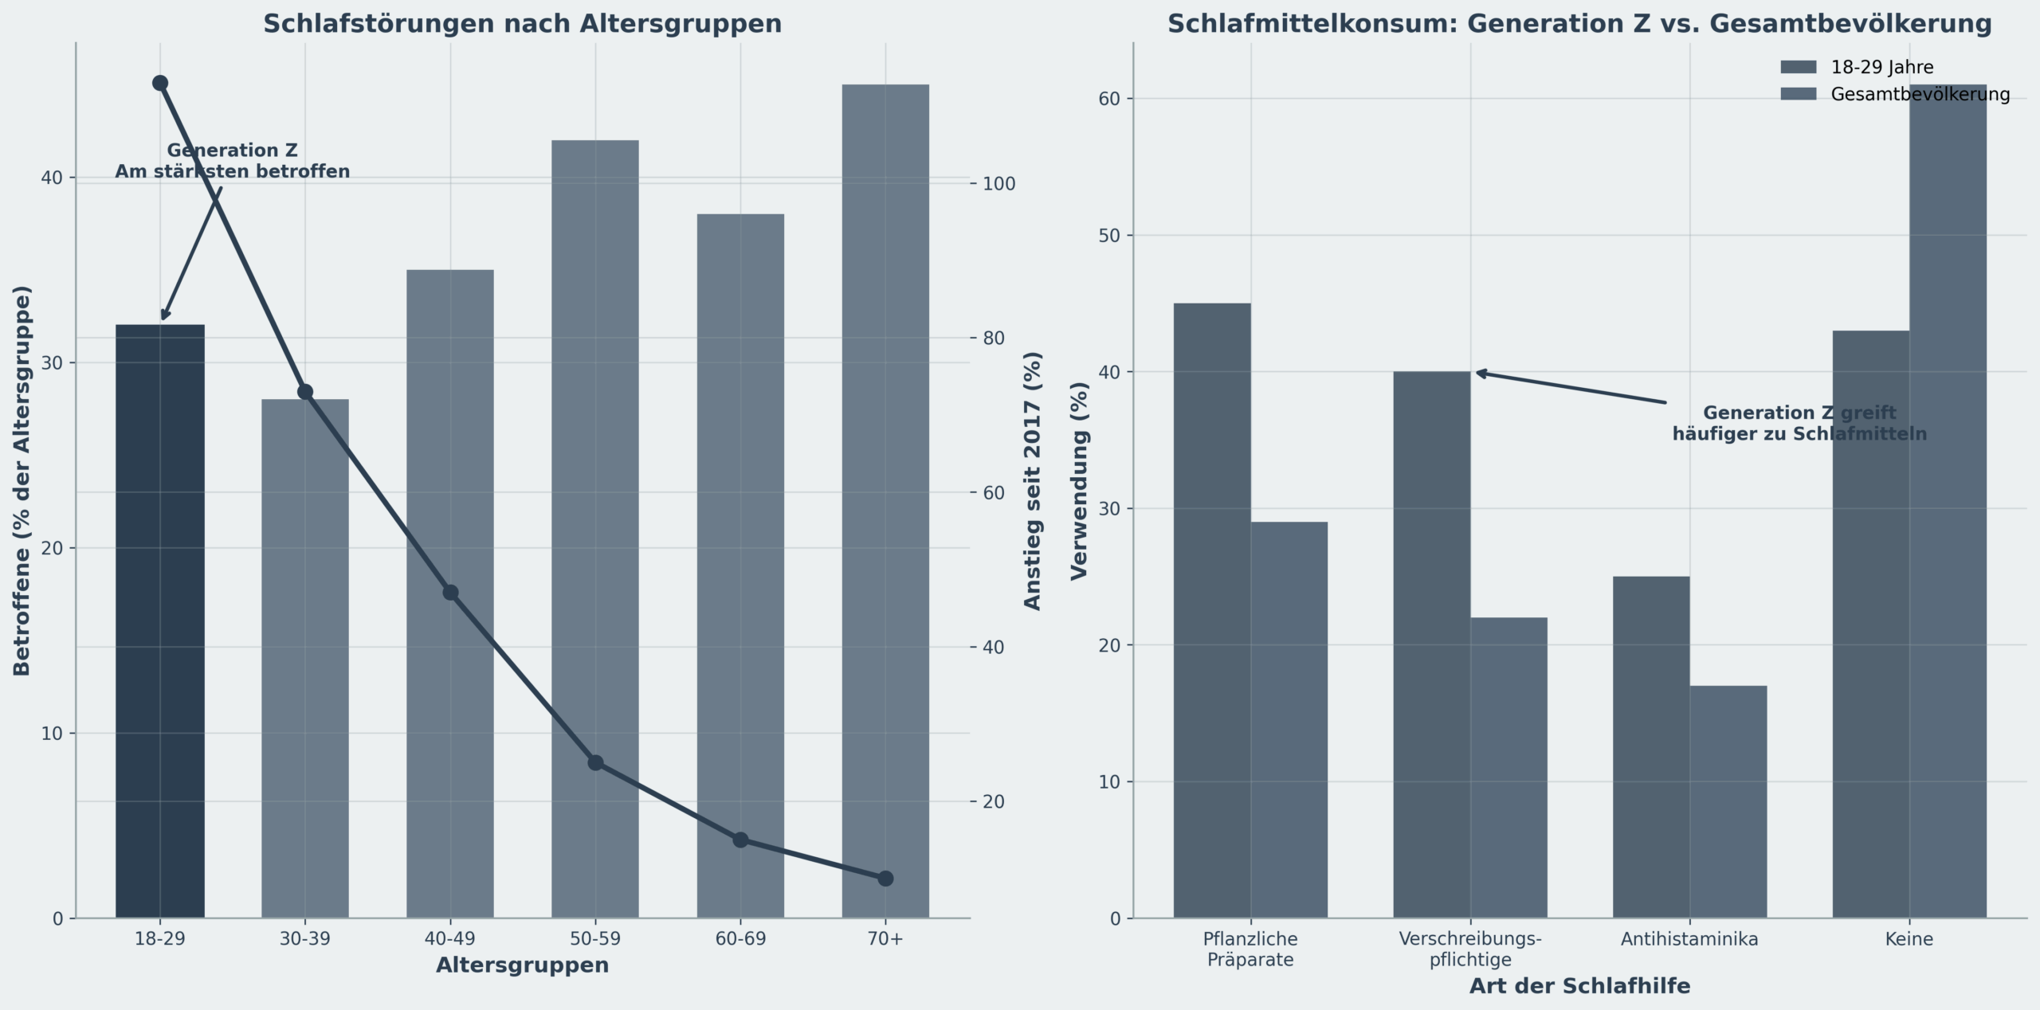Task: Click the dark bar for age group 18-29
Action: [x=160, y=621]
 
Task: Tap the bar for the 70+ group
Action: [x=885, y=501]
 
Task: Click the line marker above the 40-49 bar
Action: [x=450, y=593]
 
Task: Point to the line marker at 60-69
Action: [x=740, y=840]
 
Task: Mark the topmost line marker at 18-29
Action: [x=160, y=83]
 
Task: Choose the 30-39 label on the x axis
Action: [x=305, y=939]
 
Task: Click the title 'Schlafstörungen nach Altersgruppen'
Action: [x=523, y=24]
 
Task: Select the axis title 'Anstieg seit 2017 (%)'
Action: [x=1033, y=481]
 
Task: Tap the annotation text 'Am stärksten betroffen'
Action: [x=233, y=172]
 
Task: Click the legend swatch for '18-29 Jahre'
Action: [x=1799, y=67]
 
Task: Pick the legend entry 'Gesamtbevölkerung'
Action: [x=1920, y=95]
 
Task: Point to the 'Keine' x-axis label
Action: [x=1909, y=939]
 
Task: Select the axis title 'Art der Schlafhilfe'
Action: [x=1579, y=986]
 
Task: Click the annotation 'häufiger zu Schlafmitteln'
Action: [x=1799, y=435]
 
